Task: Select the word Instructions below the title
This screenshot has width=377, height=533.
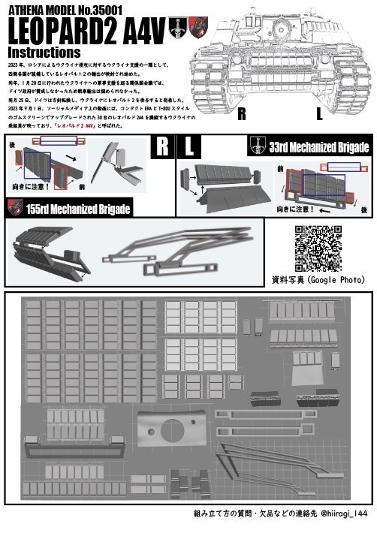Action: point(44,53)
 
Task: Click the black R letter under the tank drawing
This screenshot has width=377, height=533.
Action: point(242,115)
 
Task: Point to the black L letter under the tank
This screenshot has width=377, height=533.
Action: point(320,115)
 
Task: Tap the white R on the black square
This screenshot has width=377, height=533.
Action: point(161,148)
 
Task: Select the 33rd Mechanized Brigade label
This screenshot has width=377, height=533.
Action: point(318,147)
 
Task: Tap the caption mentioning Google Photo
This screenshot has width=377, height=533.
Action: point(318,280)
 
